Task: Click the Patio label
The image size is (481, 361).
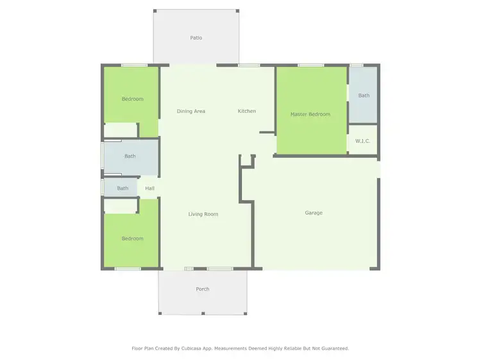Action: (x=196, y=38)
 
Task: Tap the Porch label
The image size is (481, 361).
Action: (x=203, y=289)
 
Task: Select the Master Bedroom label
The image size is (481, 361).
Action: (x=310, y=114)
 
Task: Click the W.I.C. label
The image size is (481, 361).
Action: (x=363, y=141)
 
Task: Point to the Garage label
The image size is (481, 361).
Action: (x=314, y=213)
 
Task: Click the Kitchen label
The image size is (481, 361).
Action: (x=247, y=111)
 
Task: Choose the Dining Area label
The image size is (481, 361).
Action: (x=191, y=111)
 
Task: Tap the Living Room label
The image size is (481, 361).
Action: (x=203, y=214)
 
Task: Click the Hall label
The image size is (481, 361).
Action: (x=149, y=188)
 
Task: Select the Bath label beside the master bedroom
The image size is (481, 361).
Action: (x=364, y=96)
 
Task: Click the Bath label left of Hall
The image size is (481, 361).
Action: (x=122, y=188)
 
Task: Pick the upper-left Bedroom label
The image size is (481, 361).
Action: (x=133, y=99)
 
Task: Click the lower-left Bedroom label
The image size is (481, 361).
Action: (x=133, y=239)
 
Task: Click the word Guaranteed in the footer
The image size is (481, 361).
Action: (x=335, y=348)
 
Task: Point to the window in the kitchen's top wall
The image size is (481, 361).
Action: (x=249, y=65)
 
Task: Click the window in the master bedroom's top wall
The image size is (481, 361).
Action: (x=310, y=65)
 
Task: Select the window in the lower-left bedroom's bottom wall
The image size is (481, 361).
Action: (x=128, y=268)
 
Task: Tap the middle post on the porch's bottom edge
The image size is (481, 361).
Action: (x=203, y=314)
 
